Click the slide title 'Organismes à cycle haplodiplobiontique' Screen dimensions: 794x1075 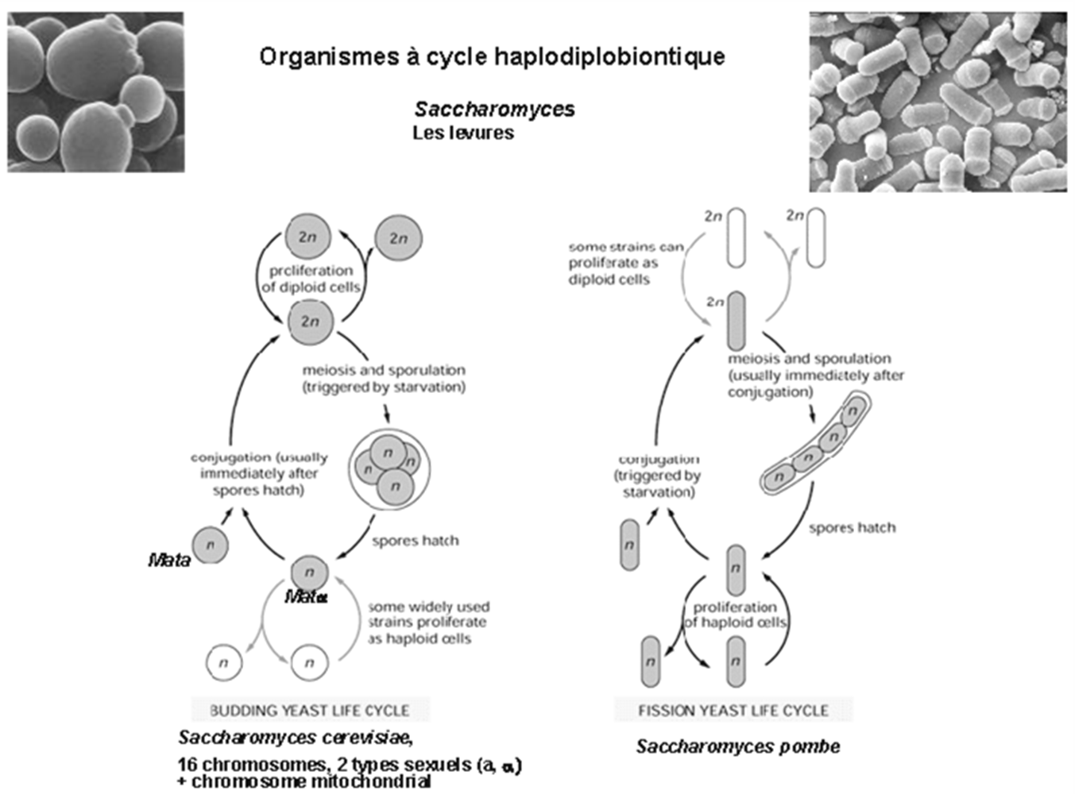coord(492,57)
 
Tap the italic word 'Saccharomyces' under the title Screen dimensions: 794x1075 coord(494,110)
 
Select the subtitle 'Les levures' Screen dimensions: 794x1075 coord(462,133)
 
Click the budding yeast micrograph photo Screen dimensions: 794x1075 coord(95,91)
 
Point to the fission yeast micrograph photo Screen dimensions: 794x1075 coord(938,102)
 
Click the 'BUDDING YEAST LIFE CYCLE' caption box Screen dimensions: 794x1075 coord(310,710)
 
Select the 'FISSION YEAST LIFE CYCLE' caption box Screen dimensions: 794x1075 coord(733,710)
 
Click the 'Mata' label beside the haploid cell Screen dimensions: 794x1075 coord(169,561)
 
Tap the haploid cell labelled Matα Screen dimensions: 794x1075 coord(309,572)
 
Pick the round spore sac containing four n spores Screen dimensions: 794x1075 coord(389,469)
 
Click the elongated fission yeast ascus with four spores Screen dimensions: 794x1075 coord(816,446)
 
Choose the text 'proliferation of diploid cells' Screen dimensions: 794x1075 coord(311,279)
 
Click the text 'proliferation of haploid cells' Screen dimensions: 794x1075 coord(735,615)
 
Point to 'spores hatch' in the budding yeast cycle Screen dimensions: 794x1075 coord(415,541)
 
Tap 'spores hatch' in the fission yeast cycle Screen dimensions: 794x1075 coord(852,528)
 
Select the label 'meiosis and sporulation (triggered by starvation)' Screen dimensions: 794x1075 coord(384,379)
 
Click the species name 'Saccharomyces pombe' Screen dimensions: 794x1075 coord(738,746)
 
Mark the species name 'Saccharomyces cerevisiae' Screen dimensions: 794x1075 coord(295,738)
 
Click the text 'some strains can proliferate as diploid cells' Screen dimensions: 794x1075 coord(625,263)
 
